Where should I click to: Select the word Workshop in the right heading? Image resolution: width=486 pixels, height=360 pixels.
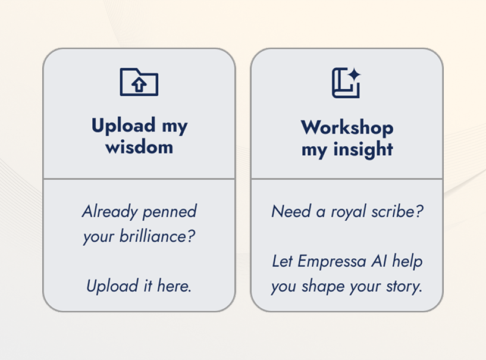point(347,127)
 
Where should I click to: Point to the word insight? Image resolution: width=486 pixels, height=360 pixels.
point(363,149)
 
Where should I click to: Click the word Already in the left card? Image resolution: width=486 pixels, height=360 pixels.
point(109,212)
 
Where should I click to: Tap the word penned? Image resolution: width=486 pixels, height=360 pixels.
point(170,212)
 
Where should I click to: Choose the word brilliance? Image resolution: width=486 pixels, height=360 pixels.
point(158,236)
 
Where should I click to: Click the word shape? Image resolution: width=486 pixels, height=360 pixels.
point(323,286)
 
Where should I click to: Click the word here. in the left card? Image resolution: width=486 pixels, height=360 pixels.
point(174,286)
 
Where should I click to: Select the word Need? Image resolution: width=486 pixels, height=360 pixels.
point(291,211)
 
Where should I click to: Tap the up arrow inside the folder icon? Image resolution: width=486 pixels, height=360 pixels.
point(139,84)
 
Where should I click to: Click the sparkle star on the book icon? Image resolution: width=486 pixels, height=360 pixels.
point(354,75)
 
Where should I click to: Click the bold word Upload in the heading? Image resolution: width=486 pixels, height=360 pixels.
point(124,126)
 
